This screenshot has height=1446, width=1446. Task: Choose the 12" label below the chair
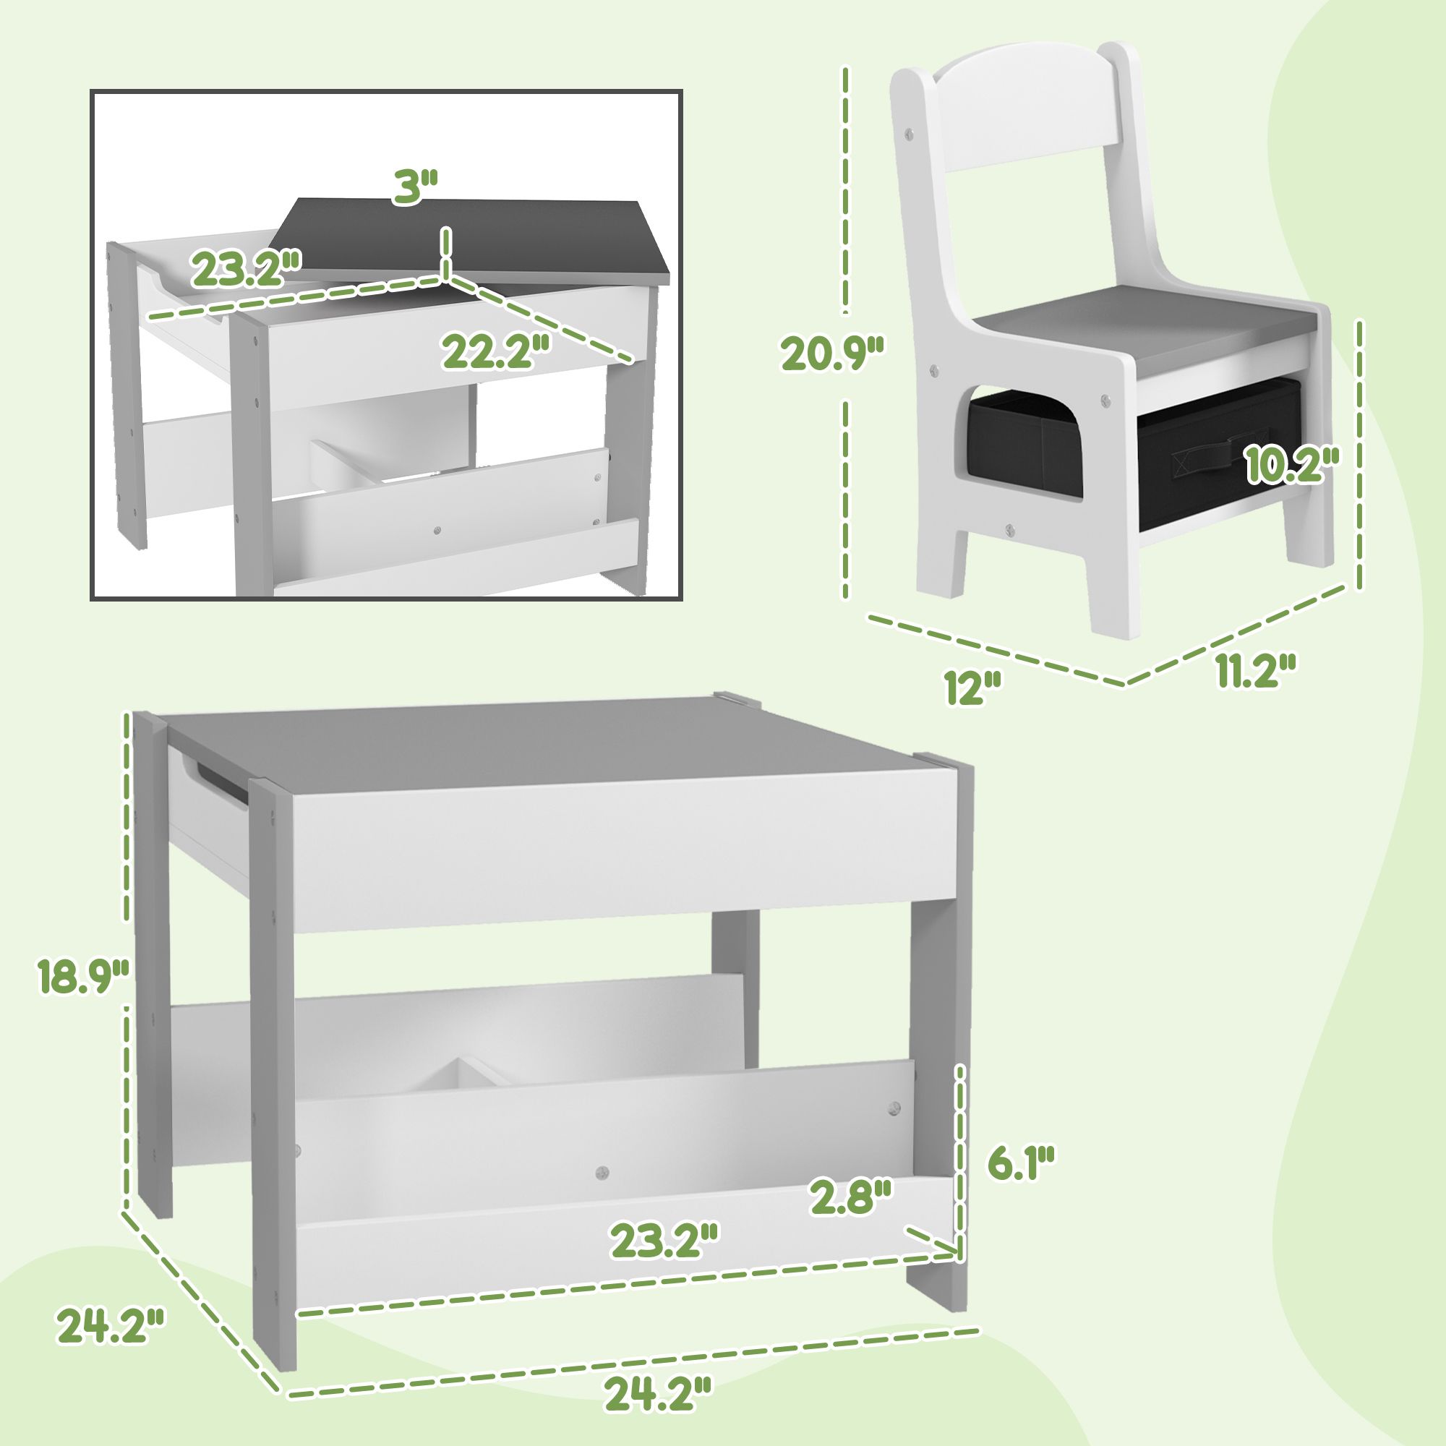click(972, 686)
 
